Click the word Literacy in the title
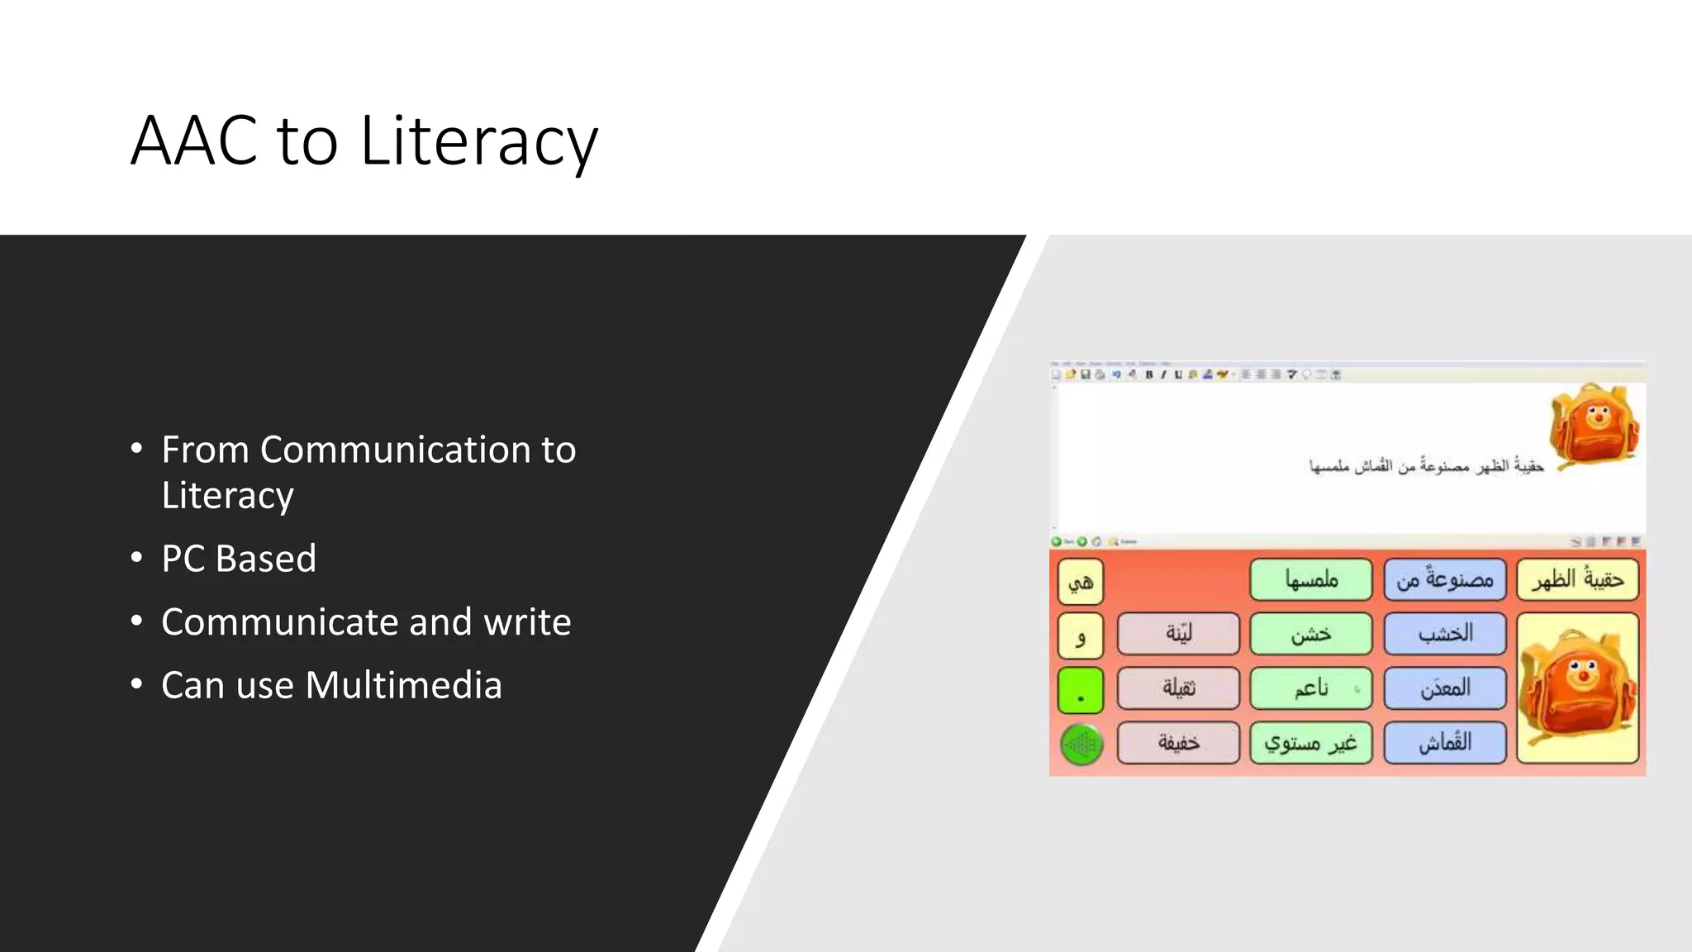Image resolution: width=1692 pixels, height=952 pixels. click(x=478, y=141)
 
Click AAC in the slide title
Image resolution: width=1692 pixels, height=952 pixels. click(x=194, y=141)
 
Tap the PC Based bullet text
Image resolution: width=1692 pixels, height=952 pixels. click(x=239, y=559)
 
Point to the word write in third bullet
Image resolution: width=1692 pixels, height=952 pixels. click(x=527, y=622)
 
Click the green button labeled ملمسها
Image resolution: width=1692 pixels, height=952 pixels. click(x=1310, y=579)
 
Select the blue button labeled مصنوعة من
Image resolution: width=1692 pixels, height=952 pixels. click(x=1444, y=579)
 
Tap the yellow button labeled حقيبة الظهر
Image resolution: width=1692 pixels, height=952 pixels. click(x=1577, y=579)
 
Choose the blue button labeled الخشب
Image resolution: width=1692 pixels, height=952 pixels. click(x=1444, y=634)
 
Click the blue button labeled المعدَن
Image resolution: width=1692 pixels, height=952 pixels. click(x=1444, y=688)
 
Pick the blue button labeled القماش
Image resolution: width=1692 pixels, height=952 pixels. click(x=1444, y=742)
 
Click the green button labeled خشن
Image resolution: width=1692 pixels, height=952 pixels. click(x=1310, y=634)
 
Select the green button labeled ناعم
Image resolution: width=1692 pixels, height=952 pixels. click(x=1310, y=688)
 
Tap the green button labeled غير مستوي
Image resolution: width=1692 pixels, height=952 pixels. click(x=1310, y=742)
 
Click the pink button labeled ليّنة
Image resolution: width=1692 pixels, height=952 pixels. click(x=1178, y=634)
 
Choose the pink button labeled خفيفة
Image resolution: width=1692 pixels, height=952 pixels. click(x=1178, y=742)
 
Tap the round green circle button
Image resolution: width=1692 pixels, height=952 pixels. click(x=1081, y=745)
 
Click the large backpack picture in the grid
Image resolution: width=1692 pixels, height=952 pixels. click(x=1577, y=688)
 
